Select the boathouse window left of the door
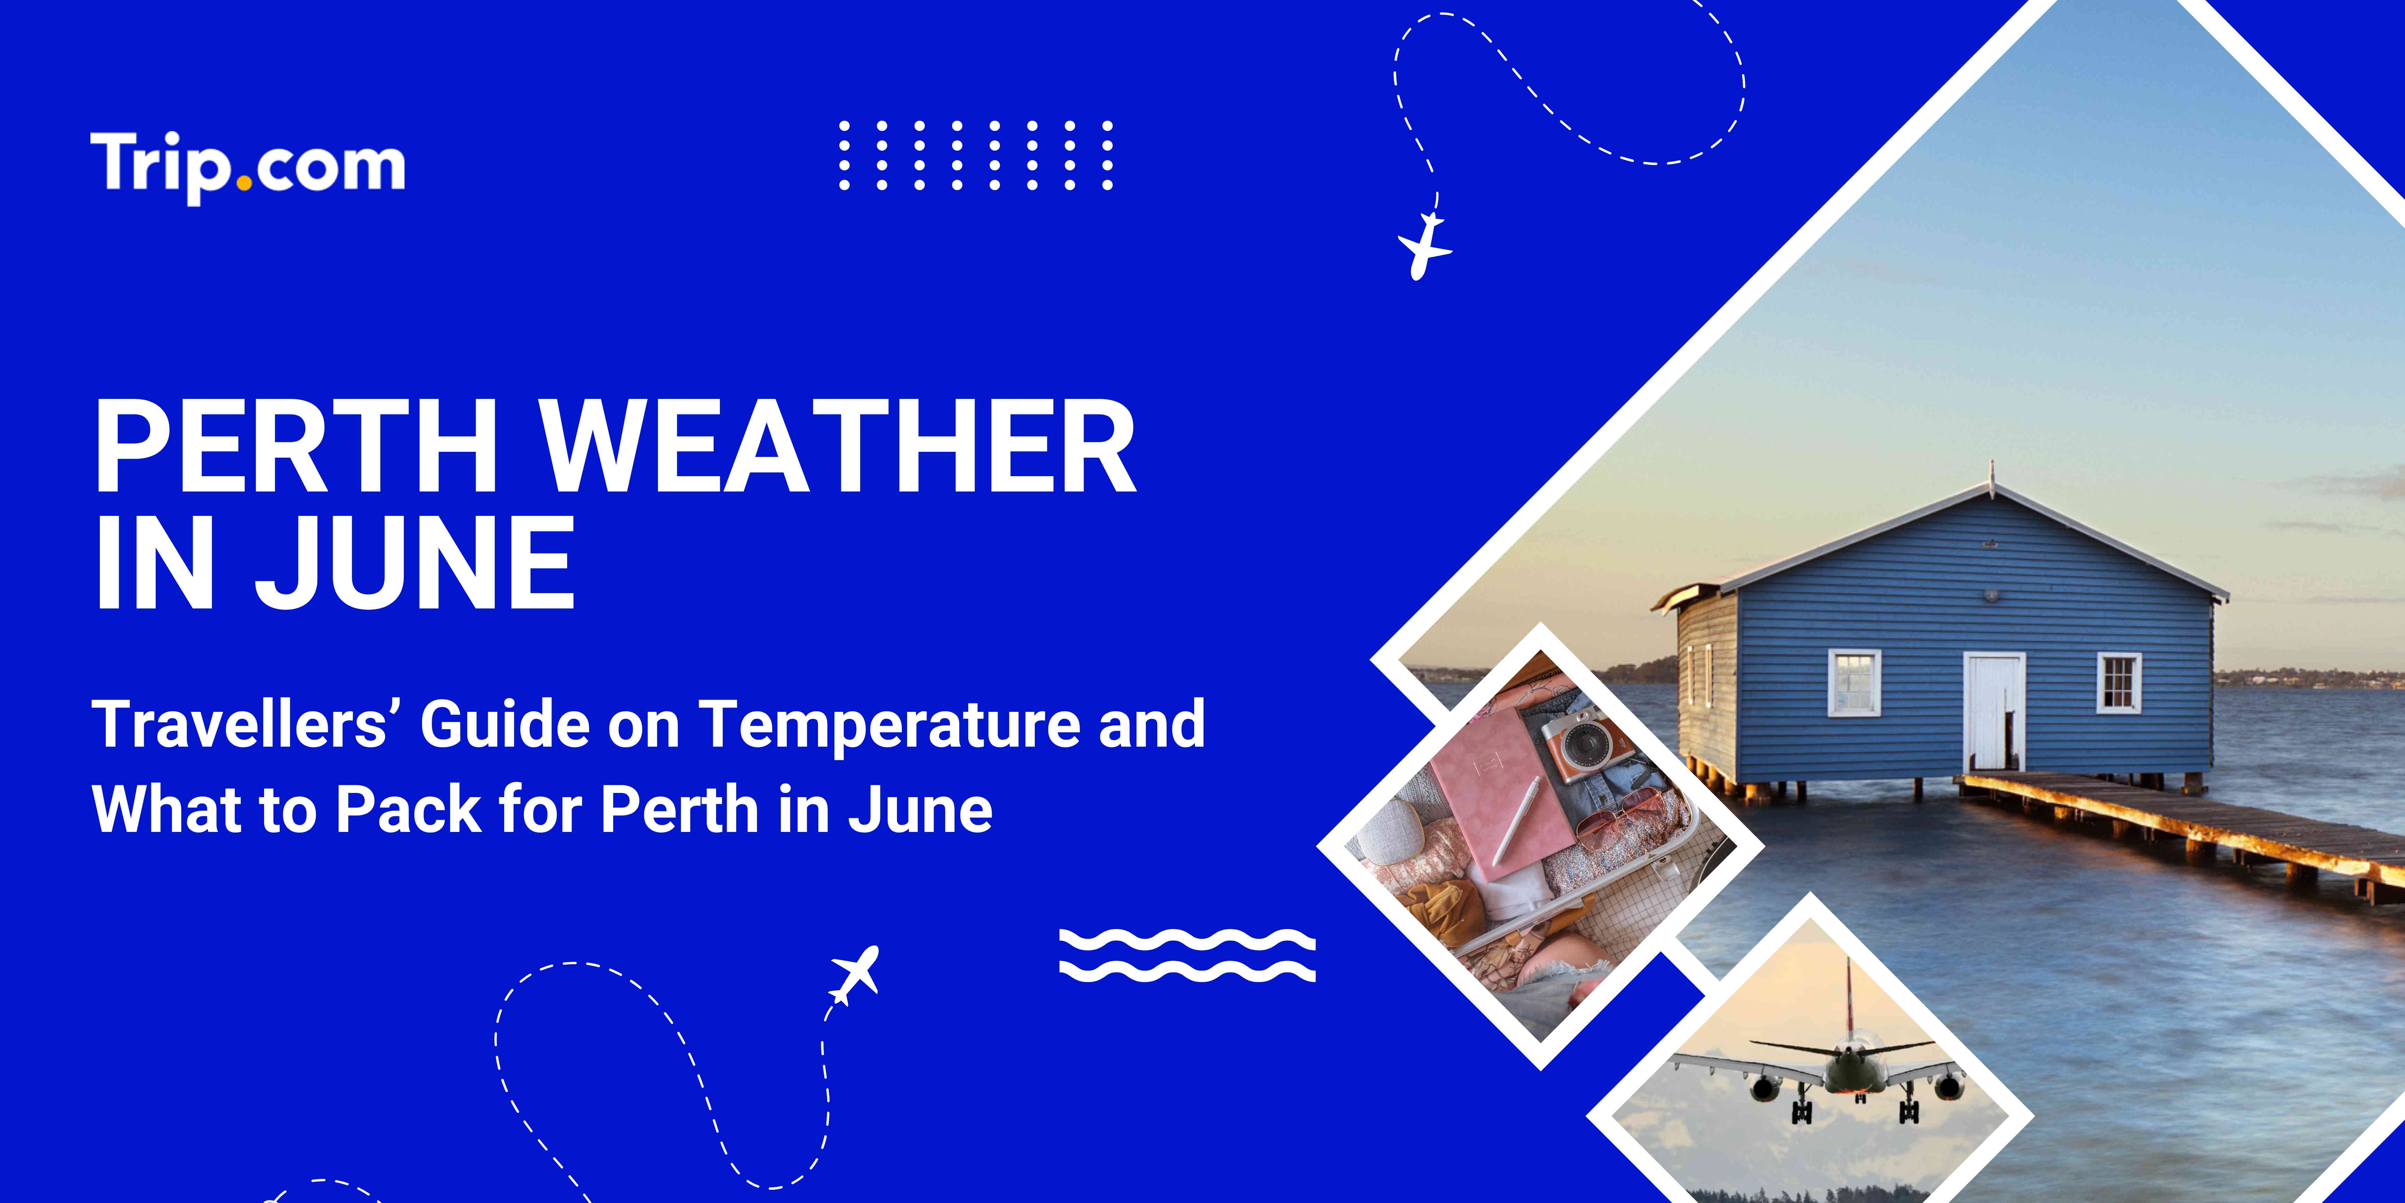click(1853, 682)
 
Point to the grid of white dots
click(976, 155)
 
